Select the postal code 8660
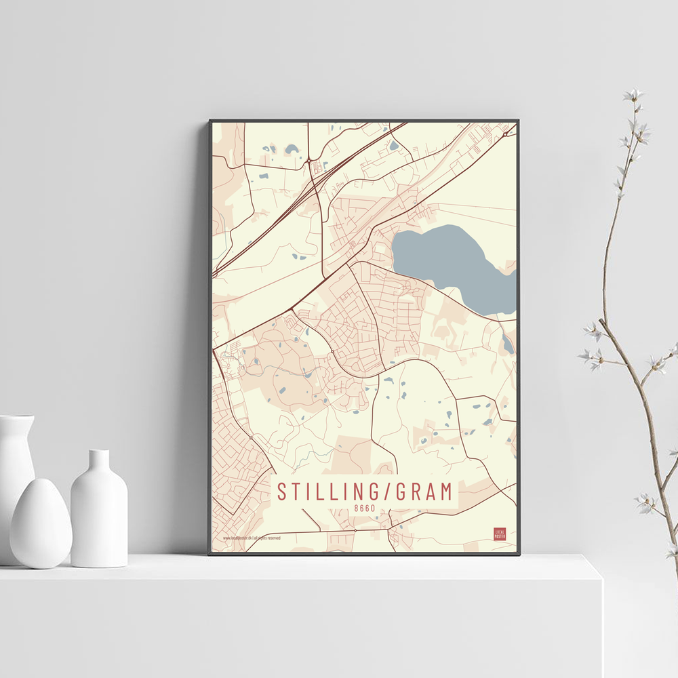(x=365, y=508)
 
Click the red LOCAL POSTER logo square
(x=500, y=534)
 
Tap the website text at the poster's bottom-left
(x=252, y=538)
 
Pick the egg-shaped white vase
(x=40, y=523)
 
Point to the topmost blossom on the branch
(x=634, y=95)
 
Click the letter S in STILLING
(x=281, y=492)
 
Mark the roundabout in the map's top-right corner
(x=506, y=134)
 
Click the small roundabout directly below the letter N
(x=355, y=530)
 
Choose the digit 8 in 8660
(x=356, y=508)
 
